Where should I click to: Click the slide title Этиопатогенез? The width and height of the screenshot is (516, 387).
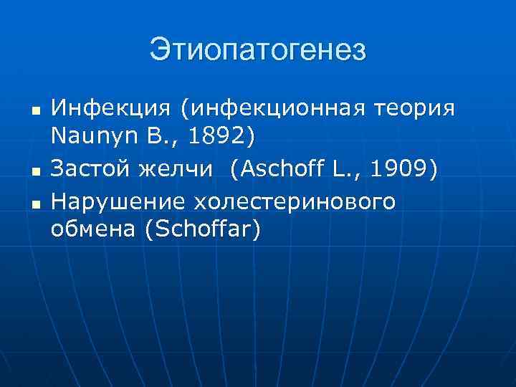[258, 50]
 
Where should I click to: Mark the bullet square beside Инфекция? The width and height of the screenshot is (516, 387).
[35, 112]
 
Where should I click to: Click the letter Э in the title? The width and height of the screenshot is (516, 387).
[159, 50]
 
